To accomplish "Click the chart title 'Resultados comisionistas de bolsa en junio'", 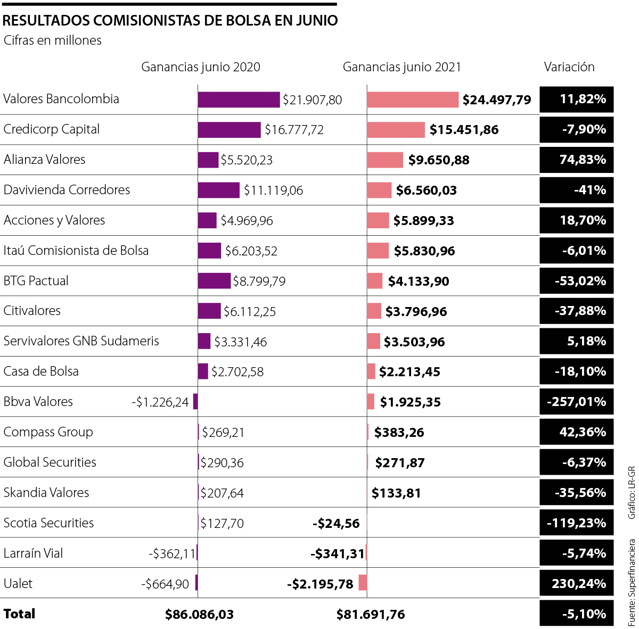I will [x=170, y=20].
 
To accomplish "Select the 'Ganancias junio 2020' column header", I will [x=201, y=67].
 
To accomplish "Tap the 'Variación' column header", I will [x=569, y=67].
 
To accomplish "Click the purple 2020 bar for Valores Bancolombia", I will [x=239, y=100].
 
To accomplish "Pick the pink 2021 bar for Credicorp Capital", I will [x=396, y=130].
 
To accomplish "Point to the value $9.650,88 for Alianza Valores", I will [x=439, y=160].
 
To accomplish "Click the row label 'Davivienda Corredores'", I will [x=67, y=190].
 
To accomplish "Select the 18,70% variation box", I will [x=577, y=220].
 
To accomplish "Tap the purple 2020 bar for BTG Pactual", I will [x=214, y=281].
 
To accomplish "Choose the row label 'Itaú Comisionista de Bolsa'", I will [x=76, y=251].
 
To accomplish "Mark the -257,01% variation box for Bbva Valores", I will [x=577, y=402].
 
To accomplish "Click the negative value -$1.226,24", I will [x=160, y=402].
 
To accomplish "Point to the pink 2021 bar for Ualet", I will [x=363, y=583].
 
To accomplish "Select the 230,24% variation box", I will [x=577, y=584].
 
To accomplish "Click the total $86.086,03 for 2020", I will [x=199, y=615].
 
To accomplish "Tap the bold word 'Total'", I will [x=19, y=614].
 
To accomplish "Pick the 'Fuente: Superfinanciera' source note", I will [x=632, y=582].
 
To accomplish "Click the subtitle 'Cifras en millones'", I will [x=52, y=40].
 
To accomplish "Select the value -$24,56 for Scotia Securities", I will [x=336, y=524].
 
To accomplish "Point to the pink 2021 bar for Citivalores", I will [x=374, y=311].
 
